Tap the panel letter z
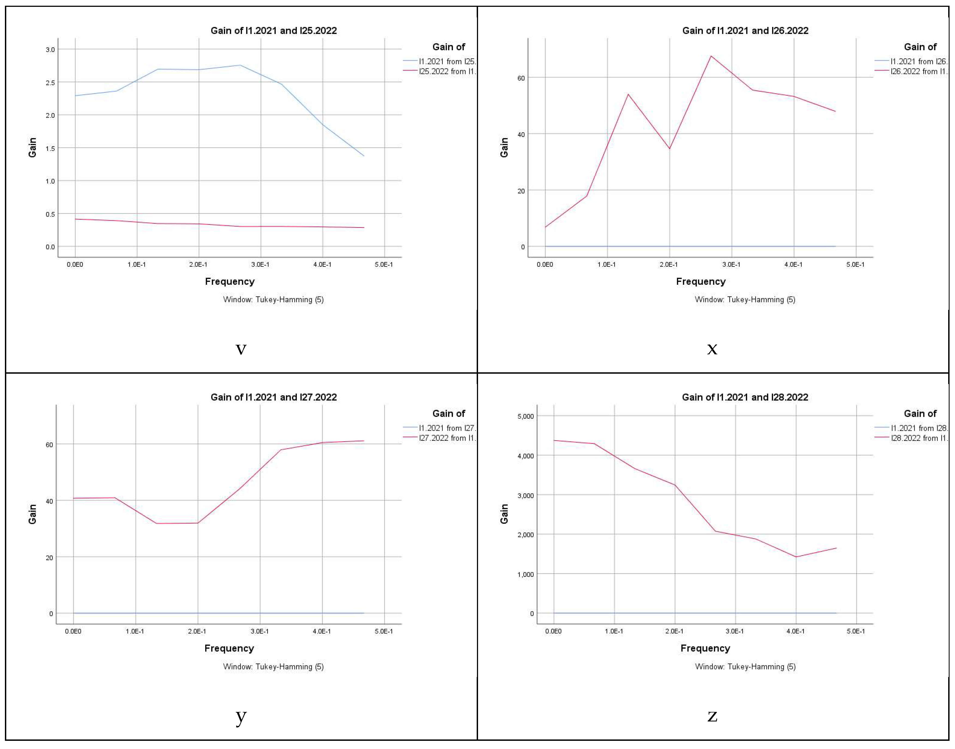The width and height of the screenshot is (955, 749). click(x=712, y=716)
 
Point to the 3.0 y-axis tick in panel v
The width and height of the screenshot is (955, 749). click(x=50, y=50)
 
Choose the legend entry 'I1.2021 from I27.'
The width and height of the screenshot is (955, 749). click(x=447, y=428)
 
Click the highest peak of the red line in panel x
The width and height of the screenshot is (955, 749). click(x=711, y=56)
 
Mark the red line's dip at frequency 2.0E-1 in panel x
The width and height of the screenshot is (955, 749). click(x=669, y=149)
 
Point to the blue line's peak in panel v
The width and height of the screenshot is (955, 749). click(x=240, y=65)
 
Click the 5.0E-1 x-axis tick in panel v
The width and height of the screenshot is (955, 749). click(x=384, y=265)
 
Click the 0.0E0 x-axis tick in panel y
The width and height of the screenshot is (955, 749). click(x=73, y=631)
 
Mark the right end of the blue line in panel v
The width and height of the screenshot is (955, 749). click(x=364, y=156)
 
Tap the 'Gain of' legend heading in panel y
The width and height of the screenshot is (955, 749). click(x=449, y=414)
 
